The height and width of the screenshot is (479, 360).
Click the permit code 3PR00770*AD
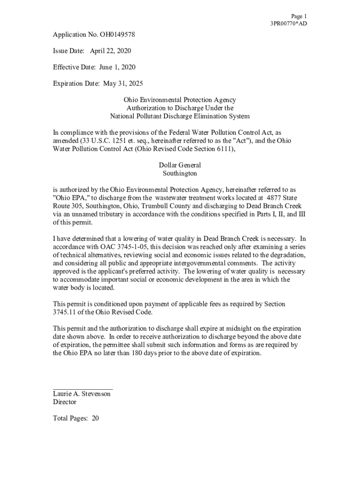[288, 23]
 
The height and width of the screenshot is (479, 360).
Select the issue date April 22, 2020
[110, 51]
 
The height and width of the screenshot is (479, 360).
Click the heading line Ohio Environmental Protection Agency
[180, 100]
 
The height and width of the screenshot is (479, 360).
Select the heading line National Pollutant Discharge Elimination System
[180, 116]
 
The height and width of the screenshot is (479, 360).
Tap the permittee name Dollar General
[180, 165]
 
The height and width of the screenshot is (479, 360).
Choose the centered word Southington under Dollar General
[180, 174]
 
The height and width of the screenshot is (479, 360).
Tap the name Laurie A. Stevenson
[82, 394]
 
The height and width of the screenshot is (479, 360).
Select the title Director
[65, 402]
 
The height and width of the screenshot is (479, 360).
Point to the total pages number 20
[95, 419]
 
